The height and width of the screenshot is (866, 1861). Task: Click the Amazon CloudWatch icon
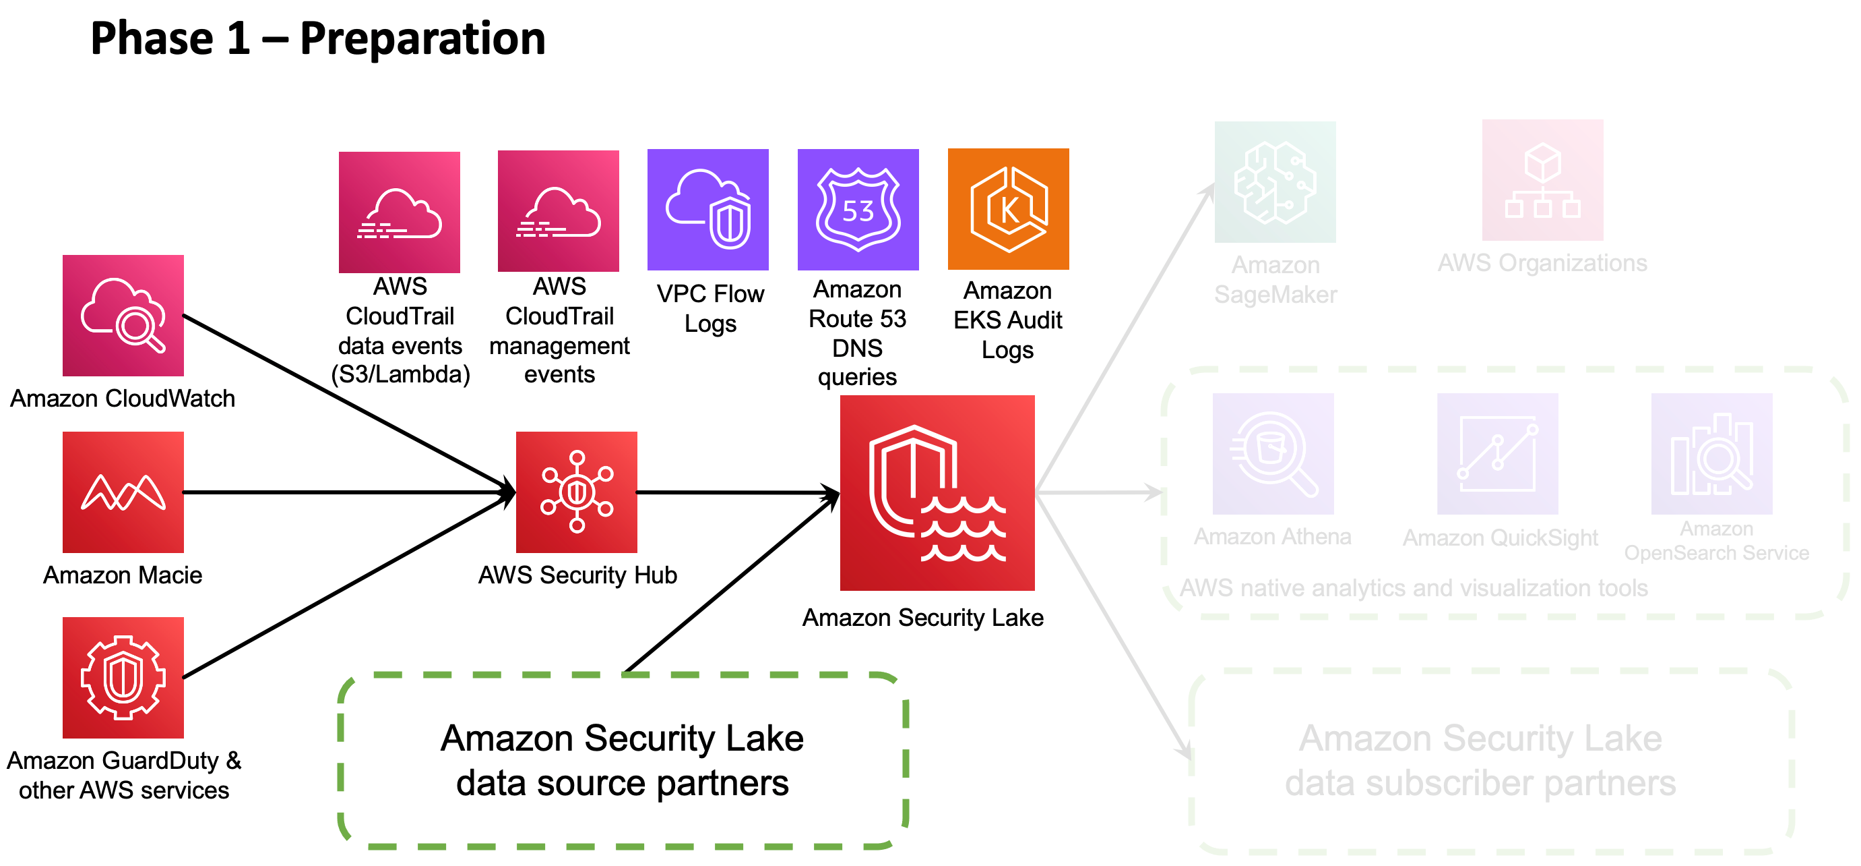point(123,316)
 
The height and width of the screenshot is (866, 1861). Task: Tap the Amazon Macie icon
point(123,492)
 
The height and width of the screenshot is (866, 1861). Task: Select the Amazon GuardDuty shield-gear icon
point(123,677)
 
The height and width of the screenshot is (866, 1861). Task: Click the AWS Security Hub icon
point(577,492)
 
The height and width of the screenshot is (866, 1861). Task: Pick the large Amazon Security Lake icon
point(937,493)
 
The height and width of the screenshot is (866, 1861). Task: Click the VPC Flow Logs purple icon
point(708,210)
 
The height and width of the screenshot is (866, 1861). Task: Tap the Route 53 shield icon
point(858,210)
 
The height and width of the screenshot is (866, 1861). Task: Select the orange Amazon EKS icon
point(1008,210)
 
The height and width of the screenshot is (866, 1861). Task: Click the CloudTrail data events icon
point(400,212)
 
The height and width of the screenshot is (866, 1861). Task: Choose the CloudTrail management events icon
point(559,211)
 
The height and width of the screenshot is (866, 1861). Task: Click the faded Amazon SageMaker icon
point(1275,182)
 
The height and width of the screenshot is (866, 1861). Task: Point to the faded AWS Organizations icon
point(1542,181)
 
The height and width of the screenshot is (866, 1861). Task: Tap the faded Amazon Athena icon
point(1273,454)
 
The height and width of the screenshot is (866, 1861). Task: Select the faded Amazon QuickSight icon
point(1498,454)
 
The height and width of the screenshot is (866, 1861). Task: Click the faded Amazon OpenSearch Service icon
point(1711,454)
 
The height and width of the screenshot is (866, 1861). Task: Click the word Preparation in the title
point(422,39)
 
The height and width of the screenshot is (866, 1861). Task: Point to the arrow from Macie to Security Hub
point(347,492)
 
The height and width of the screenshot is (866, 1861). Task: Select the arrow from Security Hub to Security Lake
point(737,493)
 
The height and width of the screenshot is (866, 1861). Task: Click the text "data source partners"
point(622,783)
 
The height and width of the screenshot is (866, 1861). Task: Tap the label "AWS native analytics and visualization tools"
point(1414,587)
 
